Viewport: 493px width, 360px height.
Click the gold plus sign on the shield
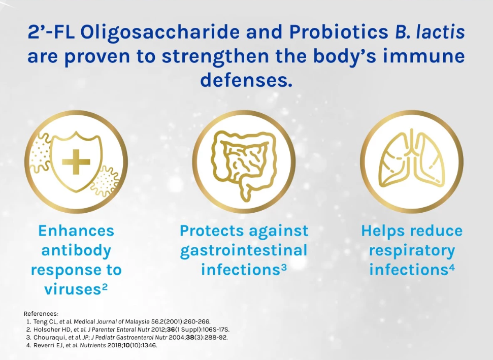coord(76,161)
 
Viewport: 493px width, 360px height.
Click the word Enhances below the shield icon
coord(76,231)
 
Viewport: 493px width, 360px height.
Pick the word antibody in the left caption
coord(76,250)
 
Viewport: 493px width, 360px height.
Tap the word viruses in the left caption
coord(72,289)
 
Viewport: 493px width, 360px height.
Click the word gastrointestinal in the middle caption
coord(244,251)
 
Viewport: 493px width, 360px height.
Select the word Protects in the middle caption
coord(212,231)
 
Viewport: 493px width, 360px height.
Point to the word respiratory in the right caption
coord(412,251)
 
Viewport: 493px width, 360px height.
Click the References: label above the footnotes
coord(41,313)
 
